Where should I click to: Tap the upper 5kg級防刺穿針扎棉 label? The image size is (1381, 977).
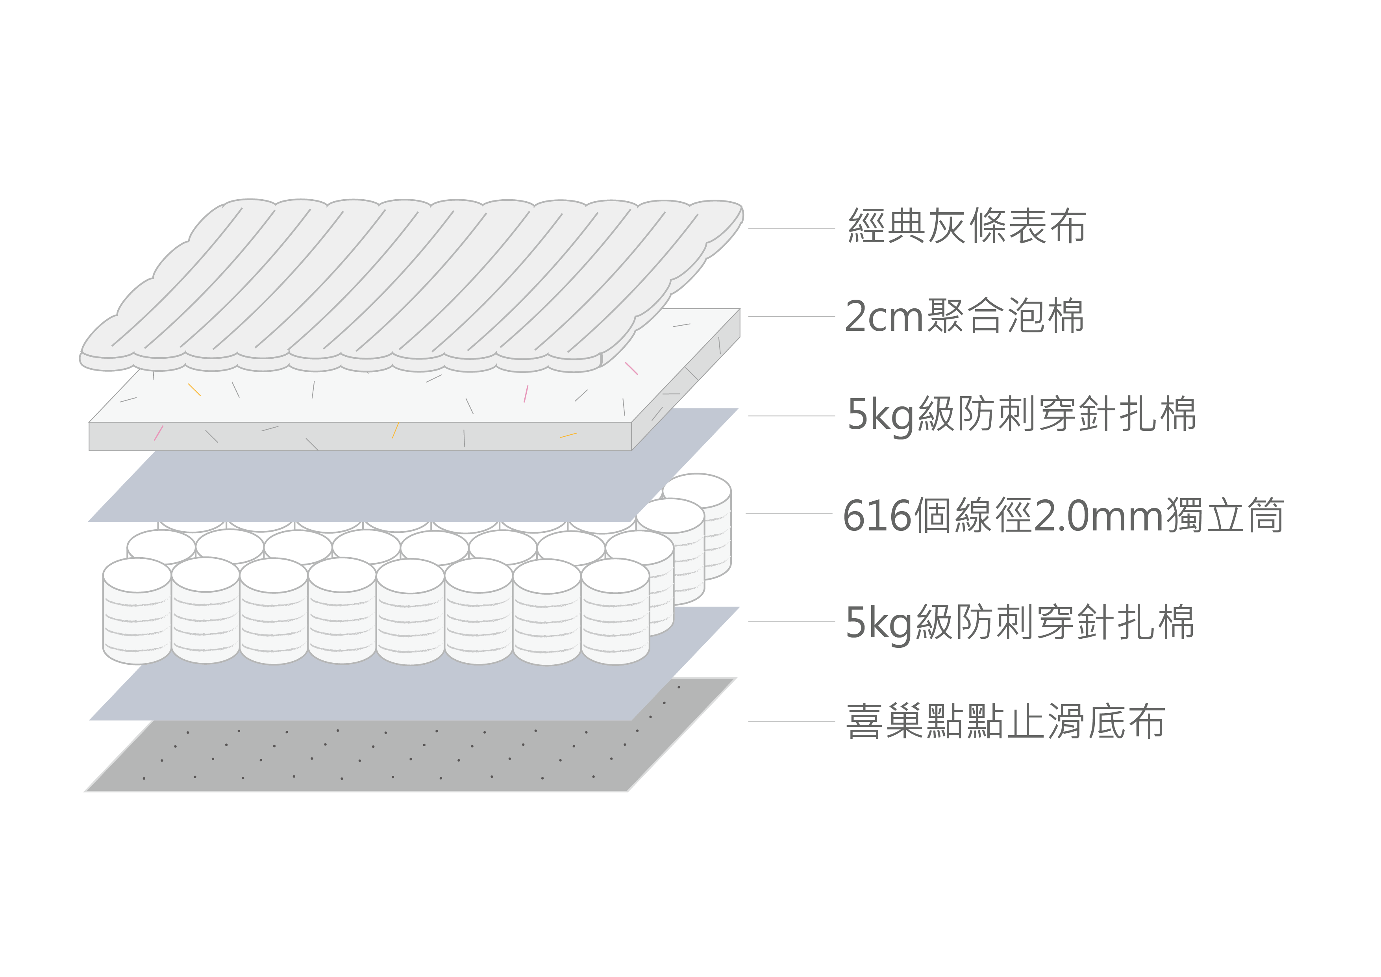(x=1021, y=415)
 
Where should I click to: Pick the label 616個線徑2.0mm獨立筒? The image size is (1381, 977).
(x=1063, y=515)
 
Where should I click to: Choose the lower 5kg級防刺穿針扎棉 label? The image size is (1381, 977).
(x=1020, y=623)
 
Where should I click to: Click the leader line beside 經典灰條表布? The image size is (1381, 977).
(x=791, y=229)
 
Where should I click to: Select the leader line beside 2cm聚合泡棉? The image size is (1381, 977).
(x=791, y=316)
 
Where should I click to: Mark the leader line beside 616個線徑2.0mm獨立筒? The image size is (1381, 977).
(x=789, y=513)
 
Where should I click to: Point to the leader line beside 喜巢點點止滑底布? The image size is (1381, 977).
(x=791, y=721)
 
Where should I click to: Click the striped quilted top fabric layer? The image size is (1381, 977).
(x=409, y=283)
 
